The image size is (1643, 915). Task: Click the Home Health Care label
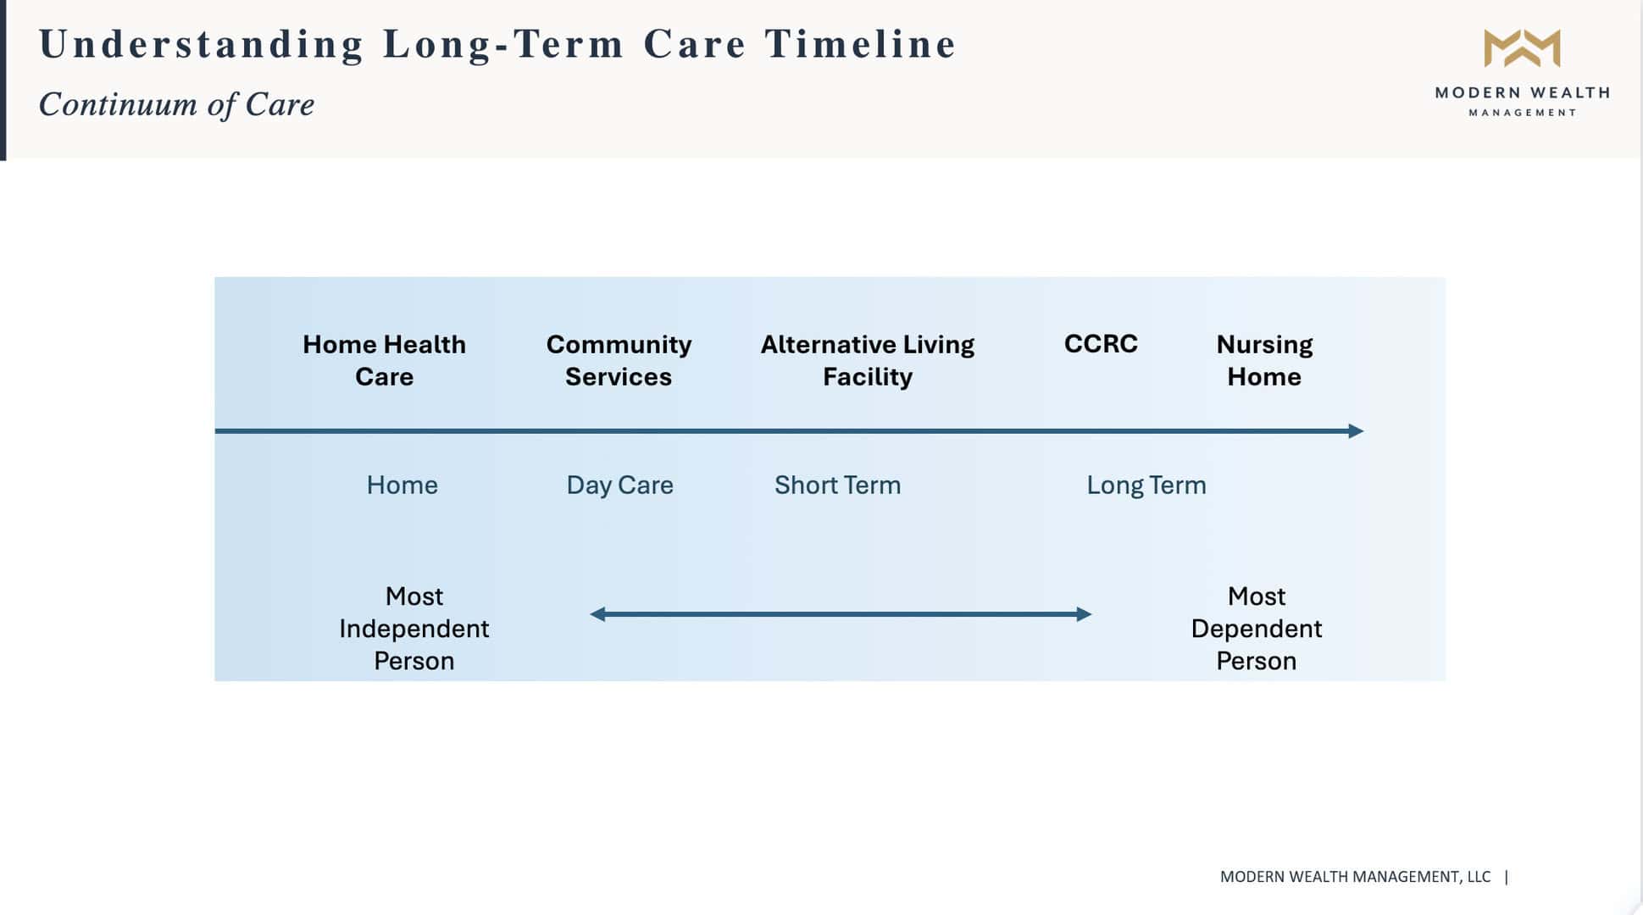[x=384, y=360]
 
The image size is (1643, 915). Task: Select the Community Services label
[x=619, y=360]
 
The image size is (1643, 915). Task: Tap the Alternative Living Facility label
[x=867, y=360]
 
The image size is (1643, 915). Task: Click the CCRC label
[x=1101, y=344]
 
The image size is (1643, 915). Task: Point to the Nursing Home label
[x=1264, y=360]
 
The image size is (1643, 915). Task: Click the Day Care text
[x=619, y=485]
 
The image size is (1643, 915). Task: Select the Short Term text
[x=837, y=485]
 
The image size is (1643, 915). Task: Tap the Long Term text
[x=1146, y=485]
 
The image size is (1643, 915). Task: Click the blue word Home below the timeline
[x=402, y=485]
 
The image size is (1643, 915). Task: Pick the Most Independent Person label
[x=414, y=629]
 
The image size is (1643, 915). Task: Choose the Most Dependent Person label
[x=1256, y=629]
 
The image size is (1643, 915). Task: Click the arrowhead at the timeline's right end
[x=1356, y=431]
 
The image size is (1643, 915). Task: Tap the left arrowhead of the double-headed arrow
[x=597, y=614]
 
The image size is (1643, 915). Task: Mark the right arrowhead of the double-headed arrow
[x=1084, y=614]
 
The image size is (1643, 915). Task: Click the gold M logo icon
[x=1522, y=48]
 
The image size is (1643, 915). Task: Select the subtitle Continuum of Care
[x=176, y=104]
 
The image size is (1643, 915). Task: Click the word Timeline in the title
[x=860, y=44]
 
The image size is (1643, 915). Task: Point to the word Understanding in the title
[x=201, y=44]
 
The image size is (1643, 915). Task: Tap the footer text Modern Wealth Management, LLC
[x=1354, y=877]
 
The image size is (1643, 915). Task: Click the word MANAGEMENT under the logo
[x=1522, y=113]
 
